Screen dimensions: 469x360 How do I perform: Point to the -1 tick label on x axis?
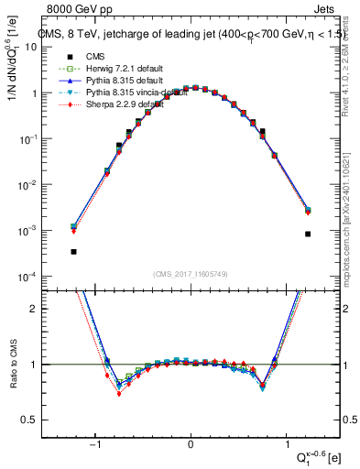(x=96, y=444)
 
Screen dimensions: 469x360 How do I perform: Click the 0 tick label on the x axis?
(x=191, y=444)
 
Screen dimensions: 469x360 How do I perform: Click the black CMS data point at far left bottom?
(x=73, y=251)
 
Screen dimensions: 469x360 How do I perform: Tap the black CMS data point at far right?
(x=308, y=234)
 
